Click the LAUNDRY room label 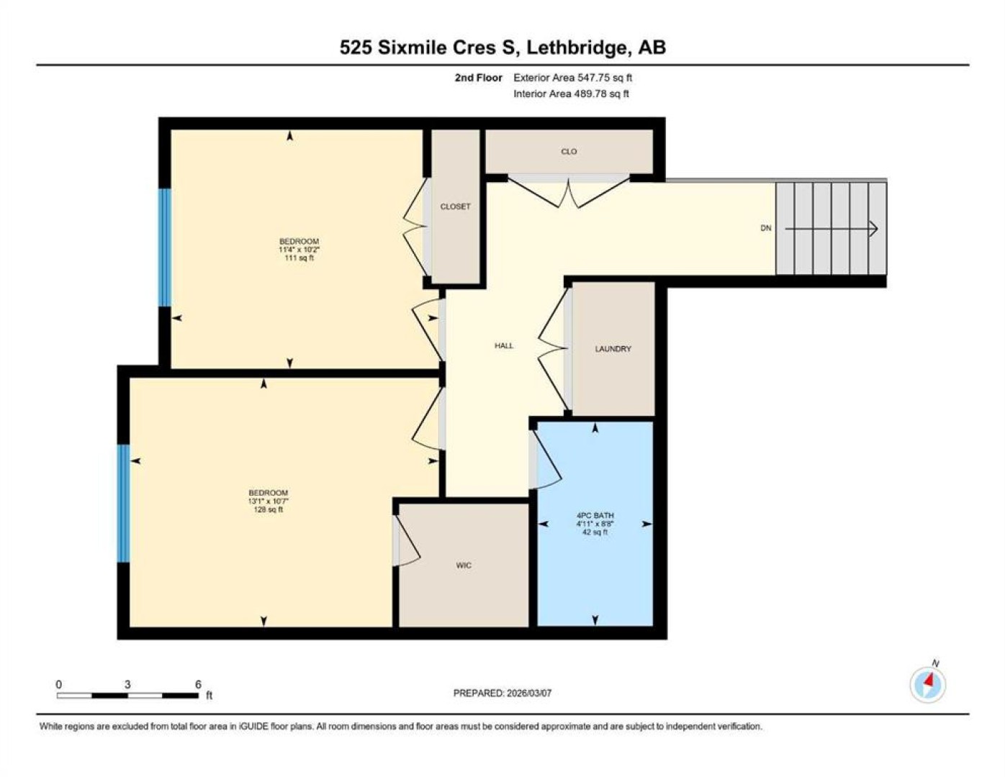pos(613,348)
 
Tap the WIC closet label pos(464,565)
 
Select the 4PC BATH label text pos(595,515)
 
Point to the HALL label pos(504,345)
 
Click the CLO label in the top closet pos(569,152)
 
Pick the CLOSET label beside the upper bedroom pos(455,206)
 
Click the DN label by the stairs pos(766,228)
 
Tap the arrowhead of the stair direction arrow pos(874,228)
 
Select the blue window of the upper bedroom pos(165,247)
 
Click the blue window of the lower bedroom pos(123,504)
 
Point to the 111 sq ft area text pos(299,258)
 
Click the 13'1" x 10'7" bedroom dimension pos(269,501)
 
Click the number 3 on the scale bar pos(127,684)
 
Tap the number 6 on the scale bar pos(198,684)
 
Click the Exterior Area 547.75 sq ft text pos(572,78)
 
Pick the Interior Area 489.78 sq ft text pos(571,94)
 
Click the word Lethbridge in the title pos(579,47)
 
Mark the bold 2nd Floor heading pos(478,78)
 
